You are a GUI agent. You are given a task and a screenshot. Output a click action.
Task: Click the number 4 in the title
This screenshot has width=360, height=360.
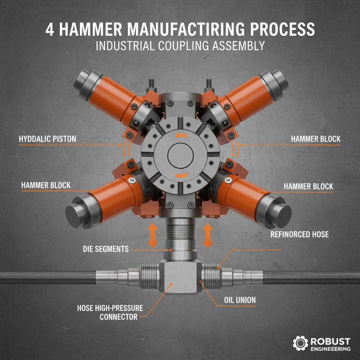50,29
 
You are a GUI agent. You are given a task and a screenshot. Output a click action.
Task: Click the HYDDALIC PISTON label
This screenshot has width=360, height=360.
47,139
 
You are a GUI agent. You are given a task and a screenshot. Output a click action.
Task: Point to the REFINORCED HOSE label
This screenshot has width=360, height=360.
300,234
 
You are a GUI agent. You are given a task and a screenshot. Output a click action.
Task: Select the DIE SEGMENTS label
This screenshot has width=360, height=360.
105,249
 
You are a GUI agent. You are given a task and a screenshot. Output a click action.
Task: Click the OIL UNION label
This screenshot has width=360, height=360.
239,301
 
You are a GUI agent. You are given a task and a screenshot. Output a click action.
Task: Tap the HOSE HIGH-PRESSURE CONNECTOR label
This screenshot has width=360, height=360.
110,313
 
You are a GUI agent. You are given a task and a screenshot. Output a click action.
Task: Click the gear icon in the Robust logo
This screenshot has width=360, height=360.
300,343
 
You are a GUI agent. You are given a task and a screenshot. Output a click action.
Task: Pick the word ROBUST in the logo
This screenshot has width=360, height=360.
330,341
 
